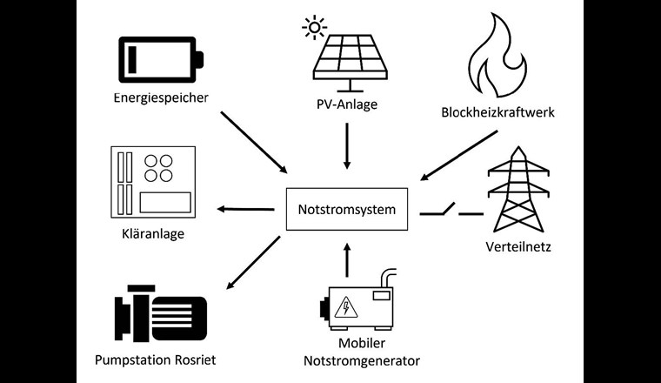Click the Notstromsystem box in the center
(347, 210)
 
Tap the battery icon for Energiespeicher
(160, 59)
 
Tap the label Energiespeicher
(160, 97)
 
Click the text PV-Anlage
(347, 106)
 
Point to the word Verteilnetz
(518, 246)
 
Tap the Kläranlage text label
(153, 234)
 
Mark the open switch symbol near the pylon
(442, 210)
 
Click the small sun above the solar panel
(313, 28)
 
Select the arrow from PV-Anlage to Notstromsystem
(347, 145)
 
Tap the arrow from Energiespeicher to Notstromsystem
(254, 142)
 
